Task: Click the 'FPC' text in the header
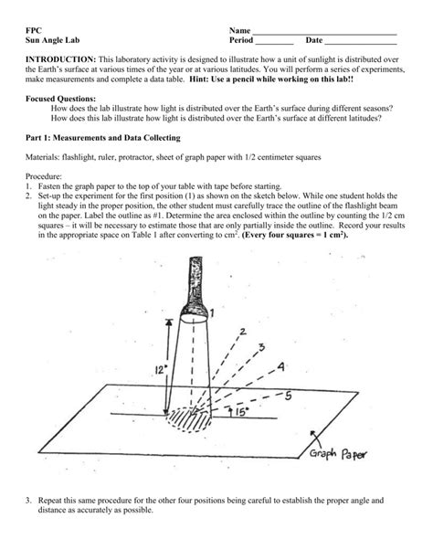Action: click(x=34, y=30)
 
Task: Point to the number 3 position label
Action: click(x=262, y=348)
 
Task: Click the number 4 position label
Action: click(x=280, y=367)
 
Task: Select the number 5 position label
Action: click(x=289, y=396)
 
